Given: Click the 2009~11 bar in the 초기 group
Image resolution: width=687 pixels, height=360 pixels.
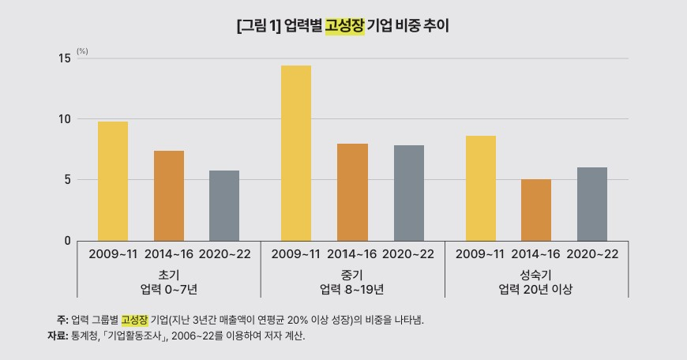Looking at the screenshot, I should click(113, 182).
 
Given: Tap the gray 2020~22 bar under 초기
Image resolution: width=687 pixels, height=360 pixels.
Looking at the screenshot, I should click(224, 206).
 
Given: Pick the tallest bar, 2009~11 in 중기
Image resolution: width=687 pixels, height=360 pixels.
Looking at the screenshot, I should click(296, 153).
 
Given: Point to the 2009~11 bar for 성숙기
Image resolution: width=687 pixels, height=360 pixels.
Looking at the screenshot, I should click(480, 189).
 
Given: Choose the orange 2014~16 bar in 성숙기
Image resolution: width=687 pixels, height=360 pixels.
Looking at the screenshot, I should click(536, 210).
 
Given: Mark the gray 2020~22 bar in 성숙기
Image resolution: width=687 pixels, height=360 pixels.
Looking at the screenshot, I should click(592, 204).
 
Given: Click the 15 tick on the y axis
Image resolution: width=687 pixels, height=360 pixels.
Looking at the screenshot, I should click(63, 58).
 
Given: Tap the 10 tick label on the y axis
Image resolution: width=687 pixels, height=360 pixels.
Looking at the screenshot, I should click(63, 119).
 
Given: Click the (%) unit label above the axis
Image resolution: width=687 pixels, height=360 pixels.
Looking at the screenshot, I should click(82, 51).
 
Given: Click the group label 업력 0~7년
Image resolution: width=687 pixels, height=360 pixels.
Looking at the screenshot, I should click(168, 289).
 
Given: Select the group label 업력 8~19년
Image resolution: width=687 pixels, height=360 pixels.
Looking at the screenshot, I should click(352, 289).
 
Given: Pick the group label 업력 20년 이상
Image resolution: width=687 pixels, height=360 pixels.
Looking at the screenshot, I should click(536, 289).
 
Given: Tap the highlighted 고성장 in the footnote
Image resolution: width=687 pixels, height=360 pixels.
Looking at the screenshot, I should click(134, 320).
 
